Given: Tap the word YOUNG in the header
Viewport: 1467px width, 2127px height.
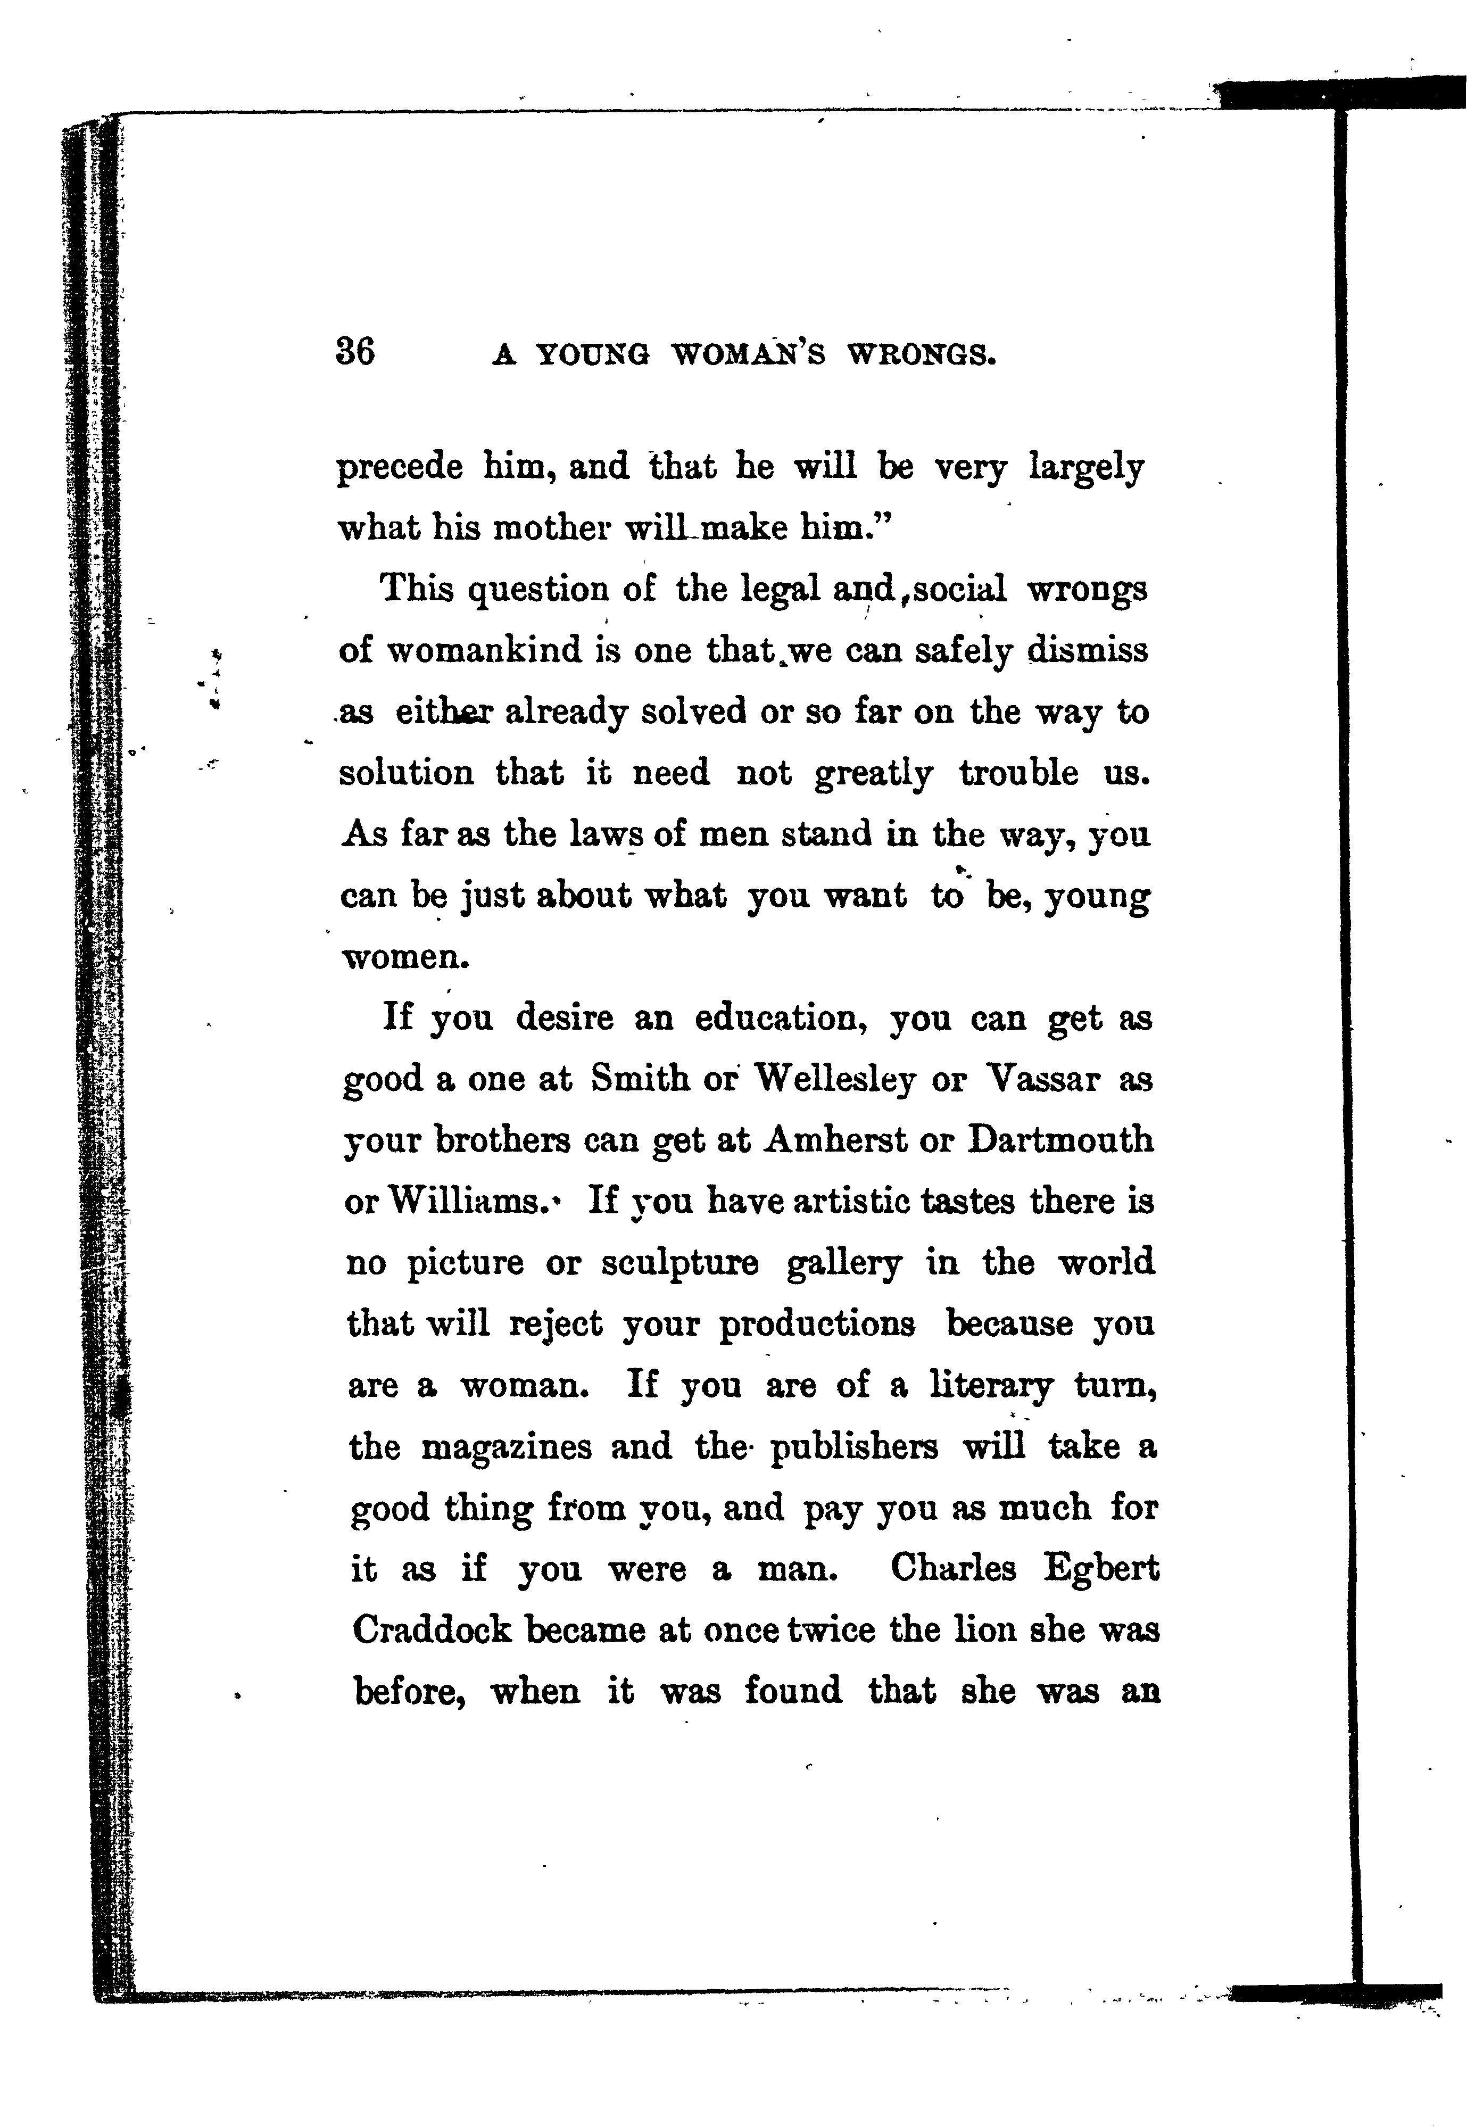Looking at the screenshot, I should tap(592, 354).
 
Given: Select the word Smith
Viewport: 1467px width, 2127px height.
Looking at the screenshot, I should tap(640, 1078).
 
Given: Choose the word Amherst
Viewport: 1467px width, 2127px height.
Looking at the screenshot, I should tap(835, 1140).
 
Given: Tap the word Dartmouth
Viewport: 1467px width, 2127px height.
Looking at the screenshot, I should tap(1060, 1140).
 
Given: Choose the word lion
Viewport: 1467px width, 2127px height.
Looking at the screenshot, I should tap(984, 1630).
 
